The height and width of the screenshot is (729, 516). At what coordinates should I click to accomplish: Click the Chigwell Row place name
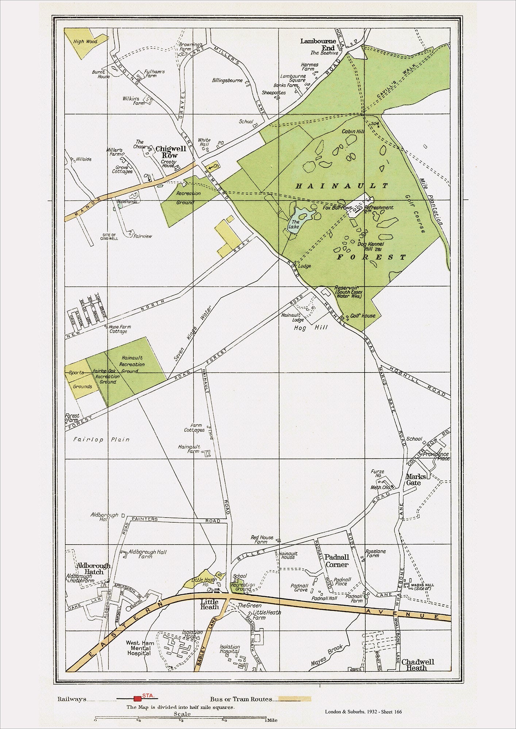click(171, 152)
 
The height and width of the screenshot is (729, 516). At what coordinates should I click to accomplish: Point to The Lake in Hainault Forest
click(295, 224)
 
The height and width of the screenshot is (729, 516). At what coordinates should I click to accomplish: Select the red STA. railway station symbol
click(138, 699)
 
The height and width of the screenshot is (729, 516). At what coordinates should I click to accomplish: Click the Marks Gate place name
click(416, 479)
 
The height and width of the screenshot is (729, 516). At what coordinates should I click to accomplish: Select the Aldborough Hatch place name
click(93, 569)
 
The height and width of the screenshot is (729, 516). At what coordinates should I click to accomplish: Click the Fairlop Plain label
click(101, 439)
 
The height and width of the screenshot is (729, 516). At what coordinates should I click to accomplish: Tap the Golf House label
click(363, 316)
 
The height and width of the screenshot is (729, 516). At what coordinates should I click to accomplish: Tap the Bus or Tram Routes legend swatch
click(295, 699)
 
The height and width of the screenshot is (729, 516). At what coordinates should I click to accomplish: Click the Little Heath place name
click(209, 605)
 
